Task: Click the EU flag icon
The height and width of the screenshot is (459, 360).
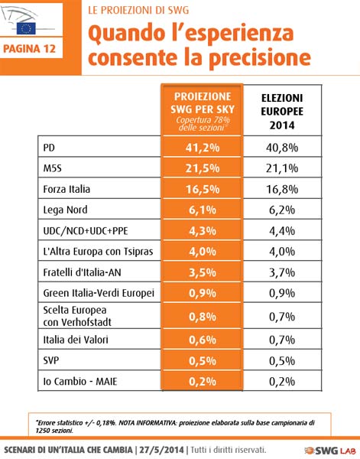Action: [26, 28]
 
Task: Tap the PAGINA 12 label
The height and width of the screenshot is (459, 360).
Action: [30, 49]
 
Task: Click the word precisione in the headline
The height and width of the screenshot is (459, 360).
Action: [260, 57]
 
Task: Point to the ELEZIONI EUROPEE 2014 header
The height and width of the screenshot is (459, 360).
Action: [282, 112]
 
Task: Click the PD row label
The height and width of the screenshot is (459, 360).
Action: [49, 148]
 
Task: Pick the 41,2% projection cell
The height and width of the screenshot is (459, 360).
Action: [203, 148]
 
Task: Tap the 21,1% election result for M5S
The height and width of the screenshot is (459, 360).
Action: [282, 168]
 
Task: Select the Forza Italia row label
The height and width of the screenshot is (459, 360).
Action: [66, 189]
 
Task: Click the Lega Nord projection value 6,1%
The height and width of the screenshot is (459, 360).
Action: [203, 210]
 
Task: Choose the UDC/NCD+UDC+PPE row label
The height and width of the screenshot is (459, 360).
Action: [86, 231]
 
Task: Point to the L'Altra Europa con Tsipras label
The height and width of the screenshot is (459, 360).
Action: [98, 252]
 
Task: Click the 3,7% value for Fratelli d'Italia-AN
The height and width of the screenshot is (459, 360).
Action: [282, 272]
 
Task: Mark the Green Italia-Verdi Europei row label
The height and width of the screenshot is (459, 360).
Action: [99, 293]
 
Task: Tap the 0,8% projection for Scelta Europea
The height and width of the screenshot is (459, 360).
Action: [203, 317]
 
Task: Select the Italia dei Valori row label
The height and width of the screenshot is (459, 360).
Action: [76, 340]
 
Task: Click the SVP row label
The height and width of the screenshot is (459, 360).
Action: [51, 360]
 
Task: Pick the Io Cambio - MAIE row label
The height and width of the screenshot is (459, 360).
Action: [80, 382]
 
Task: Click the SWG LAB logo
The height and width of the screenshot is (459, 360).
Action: [331, 451]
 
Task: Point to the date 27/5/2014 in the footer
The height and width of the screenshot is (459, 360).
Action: [162, 450]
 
